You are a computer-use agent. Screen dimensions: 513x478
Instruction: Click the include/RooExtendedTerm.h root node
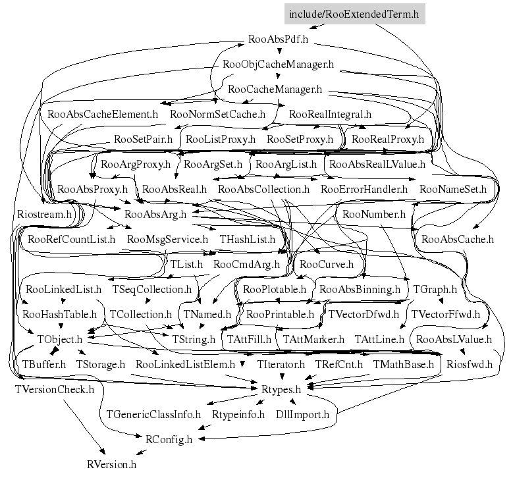[354, 14]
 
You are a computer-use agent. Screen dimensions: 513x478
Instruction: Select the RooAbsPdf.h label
[278, 40]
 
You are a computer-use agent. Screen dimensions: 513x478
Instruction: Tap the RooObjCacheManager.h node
[278, 64]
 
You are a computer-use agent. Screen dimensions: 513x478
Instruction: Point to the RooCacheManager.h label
[275, 89]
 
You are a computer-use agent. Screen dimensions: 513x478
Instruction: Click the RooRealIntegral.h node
[330, 114]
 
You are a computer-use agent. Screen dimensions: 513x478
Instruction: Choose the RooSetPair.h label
[143, 139]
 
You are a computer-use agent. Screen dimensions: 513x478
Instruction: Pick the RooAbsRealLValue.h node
[377, 164]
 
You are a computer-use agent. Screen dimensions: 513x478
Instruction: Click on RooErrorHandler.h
[364, 189]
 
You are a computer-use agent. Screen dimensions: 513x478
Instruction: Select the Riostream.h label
[44, 214]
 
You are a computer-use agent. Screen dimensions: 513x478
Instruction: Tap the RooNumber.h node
[373, 214]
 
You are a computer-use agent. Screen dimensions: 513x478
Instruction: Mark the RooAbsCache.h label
[458, 239]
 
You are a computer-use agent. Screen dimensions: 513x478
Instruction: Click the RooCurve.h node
[327, 264]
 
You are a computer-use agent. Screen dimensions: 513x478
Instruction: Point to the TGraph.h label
[435, 289]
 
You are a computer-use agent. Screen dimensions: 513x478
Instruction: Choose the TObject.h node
[59, 339]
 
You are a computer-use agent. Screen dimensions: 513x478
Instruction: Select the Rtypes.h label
[281, 389]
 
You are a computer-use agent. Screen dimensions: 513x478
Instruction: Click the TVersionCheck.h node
[55, 389]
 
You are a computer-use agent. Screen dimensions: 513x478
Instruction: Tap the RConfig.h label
[169, 439]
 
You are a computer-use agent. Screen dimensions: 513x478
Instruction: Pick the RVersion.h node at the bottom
[111, 464]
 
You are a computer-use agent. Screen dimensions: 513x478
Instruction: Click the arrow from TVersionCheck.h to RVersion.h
[84, 427]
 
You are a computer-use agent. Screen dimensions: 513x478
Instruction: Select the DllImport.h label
[303, 414]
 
